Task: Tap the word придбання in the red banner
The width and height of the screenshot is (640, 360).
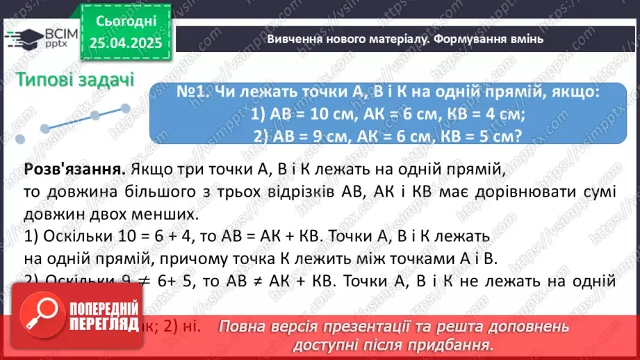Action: [x=451, y=344]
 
